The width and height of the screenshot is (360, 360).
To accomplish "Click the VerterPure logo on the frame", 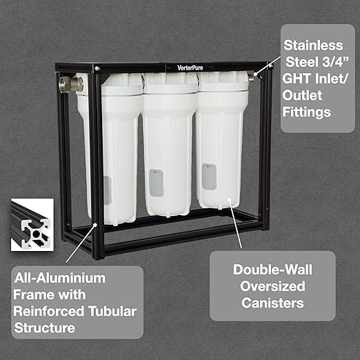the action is [x=190, y=68].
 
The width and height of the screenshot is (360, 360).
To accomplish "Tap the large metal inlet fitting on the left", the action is [x=71, y=84].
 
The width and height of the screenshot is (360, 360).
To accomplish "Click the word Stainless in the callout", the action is [x=313, y=46].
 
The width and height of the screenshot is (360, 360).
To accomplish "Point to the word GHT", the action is [x=297, y=79].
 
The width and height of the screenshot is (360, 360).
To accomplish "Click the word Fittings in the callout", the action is [x=307, y=112].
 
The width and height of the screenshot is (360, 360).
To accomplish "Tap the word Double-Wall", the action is [x=272, y=270].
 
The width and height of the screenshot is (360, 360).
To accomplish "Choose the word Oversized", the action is [x=272, y=286].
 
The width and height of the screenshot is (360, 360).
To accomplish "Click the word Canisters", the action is [x=272, y=303].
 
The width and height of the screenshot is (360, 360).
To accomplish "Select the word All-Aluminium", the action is [x=60, y=278].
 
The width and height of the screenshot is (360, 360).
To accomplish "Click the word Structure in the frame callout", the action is [x=45, y=328].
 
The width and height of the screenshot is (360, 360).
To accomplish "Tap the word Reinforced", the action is [x=49, y=311].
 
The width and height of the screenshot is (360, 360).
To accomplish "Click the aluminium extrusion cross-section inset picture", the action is [x=32, y=225].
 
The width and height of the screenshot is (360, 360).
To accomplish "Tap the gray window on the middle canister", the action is [x=157, y=183].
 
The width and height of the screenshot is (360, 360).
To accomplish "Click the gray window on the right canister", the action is [x=209, y=177].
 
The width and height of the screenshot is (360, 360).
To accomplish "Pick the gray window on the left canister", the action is [x=108, y=190].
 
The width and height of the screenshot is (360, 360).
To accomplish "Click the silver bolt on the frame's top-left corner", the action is [x=97, y=68].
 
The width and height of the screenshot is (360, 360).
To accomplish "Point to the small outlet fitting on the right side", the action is [x=252, y=77].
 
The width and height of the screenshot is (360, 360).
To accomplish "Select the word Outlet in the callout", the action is [x=302, y=95].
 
